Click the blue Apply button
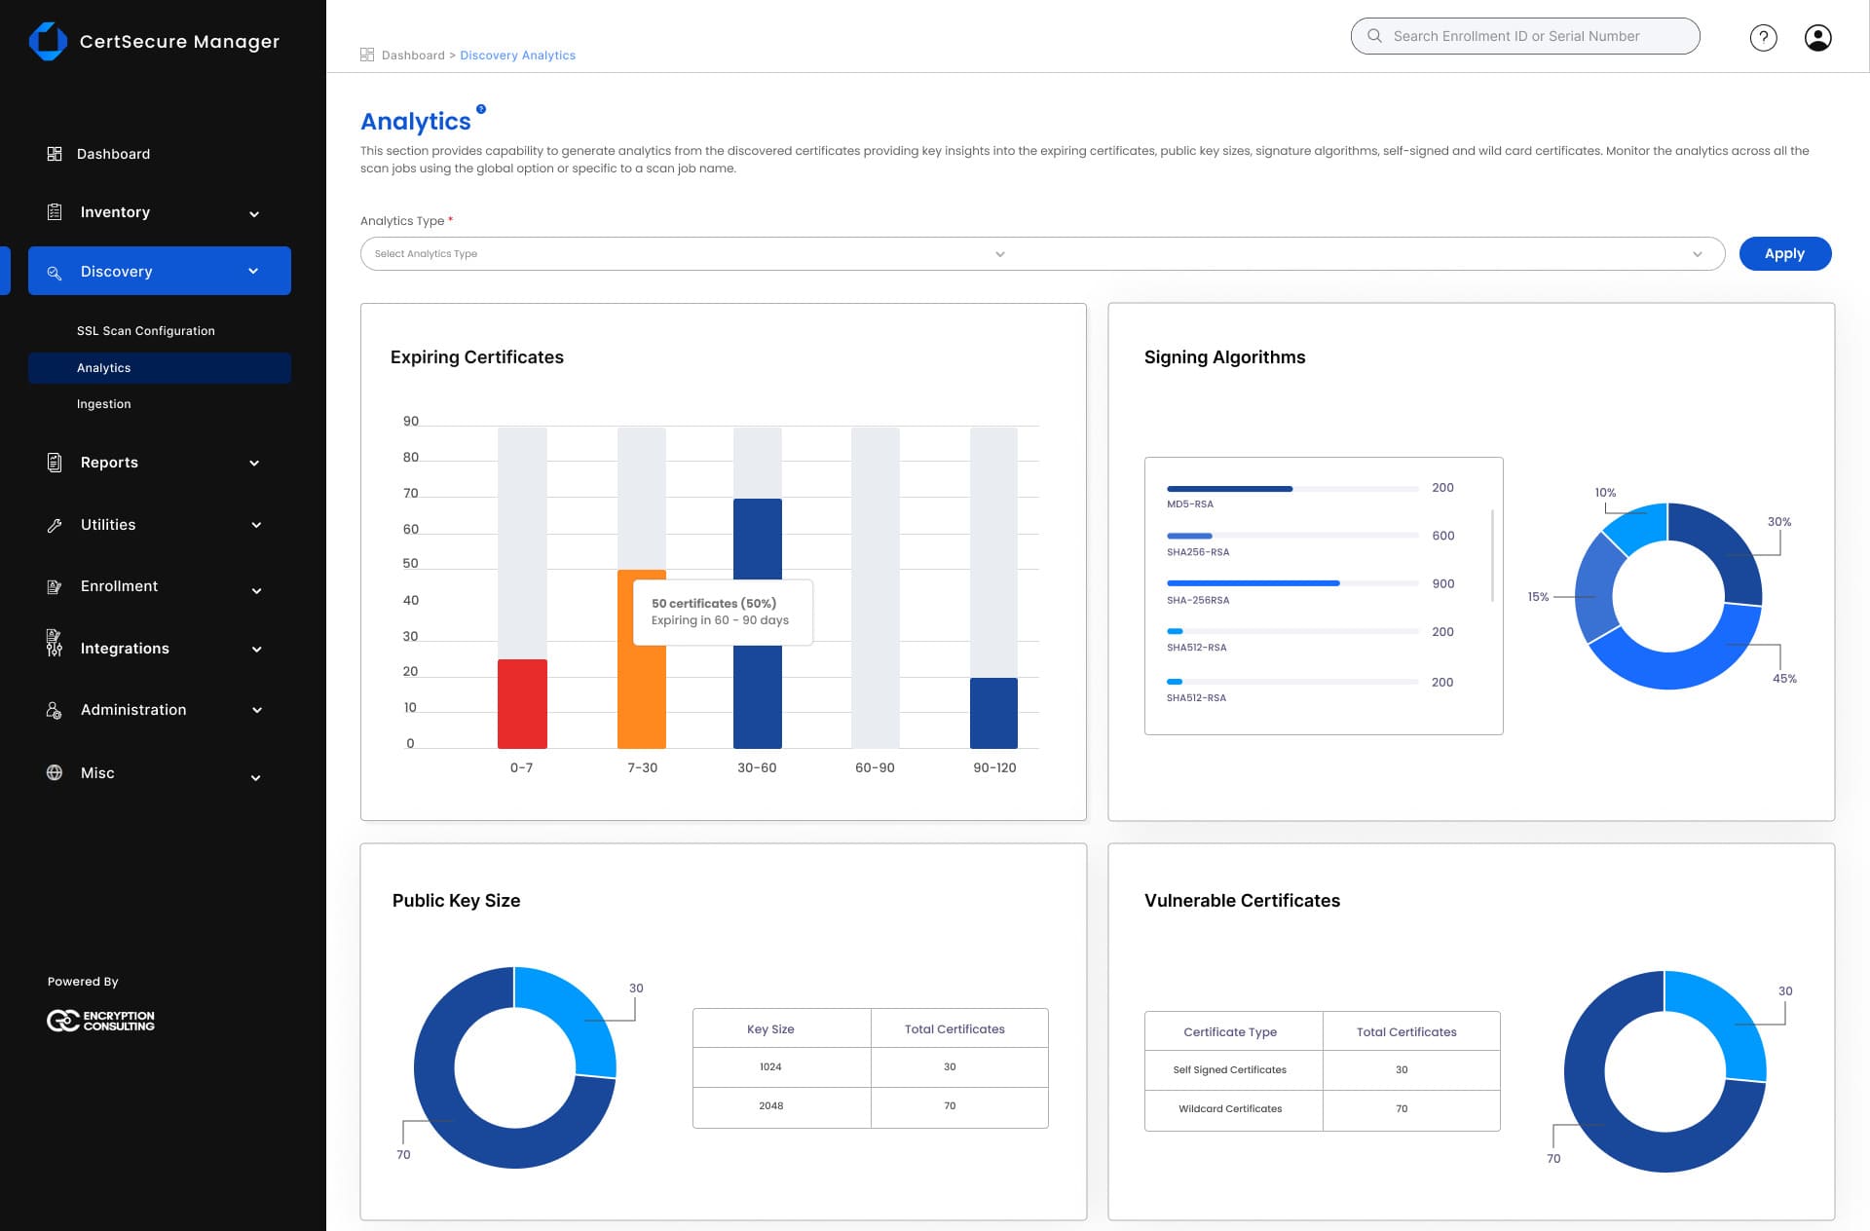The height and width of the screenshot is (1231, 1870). tap(1784, 253)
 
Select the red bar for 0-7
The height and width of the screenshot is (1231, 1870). tap(522, 703)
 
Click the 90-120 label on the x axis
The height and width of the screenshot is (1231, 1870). tap(993, 767)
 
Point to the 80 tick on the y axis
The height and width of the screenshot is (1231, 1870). tap(411, 457)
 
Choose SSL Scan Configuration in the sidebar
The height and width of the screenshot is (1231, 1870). tap(146, 331)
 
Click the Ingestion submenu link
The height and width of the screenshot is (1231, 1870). tap(104, 404)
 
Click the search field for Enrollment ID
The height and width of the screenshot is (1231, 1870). tap(1525, 36)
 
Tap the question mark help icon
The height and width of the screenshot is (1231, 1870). tap(1763, 38)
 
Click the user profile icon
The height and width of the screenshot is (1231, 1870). tap(1817, 38)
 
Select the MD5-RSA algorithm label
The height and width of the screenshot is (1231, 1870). tap(1190, 504)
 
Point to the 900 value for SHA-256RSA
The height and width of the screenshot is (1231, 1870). tap(1442, 583)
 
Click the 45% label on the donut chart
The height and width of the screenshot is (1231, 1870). tap(1784, 679)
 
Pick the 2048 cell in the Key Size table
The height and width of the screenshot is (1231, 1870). tap(770, 1106)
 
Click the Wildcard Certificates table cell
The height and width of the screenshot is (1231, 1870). tap(1230, 1109)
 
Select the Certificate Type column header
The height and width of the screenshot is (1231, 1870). tap(1230, 1032)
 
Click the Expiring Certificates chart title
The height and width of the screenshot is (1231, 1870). tap(477, 357)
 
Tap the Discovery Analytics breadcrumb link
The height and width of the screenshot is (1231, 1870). tap(517, 56)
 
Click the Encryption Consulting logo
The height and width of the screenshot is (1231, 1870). tap(101, 1020)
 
